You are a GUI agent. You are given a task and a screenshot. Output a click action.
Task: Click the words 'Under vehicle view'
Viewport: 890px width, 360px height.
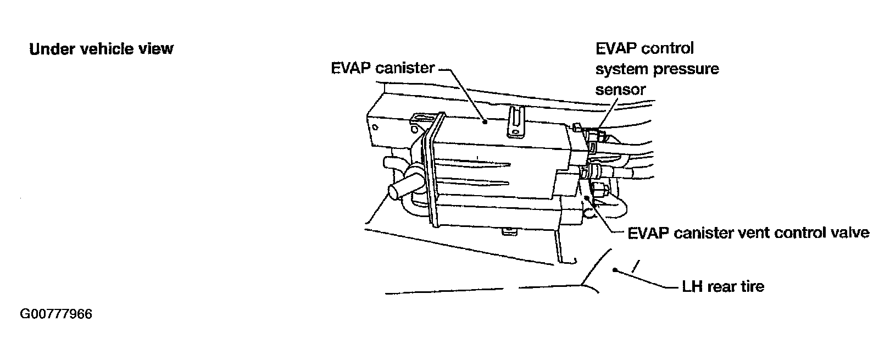[x=101, y=49]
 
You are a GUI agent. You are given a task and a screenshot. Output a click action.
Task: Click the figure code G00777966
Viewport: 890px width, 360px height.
[x=56, y=314]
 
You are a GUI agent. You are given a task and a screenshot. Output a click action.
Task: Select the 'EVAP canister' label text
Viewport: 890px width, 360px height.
[x=382, y=68]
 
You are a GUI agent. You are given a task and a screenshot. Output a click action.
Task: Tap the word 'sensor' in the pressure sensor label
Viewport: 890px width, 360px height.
[x=620, y=89]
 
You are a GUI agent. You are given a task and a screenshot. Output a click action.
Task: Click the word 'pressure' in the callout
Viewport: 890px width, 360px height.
[x=689, y=69]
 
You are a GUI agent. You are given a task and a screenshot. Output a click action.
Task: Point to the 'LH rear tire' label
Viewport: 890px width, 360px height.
[x=722, y=286]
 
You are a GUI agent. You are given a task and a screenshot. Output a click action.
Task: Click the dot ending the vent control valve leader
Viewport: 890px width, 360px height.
[x=587, y=197]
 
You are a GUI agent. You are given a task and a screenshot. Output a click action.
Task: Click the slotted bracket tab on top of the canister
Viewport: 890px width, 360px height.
[x=515, y=120]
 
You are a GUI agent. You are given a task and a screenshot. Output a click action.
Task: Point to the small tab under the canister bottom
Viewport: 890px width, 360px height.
[x=509, y=232]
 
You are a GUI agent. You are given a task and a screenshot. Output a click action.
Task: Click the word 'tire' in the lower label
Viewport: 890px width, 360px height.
[x=752, y=286]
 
